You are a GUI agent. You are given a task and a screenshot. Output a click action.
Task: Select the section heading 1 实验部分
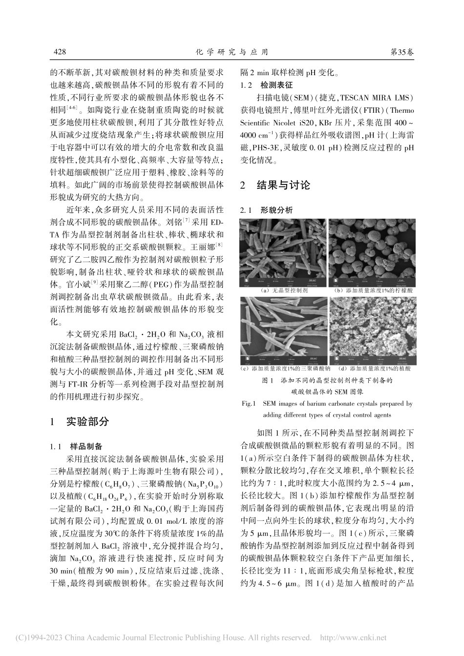[x=80, y=422]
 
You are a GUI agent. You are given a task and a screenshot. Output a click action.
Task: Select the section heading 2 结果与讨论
[x=276, y=185]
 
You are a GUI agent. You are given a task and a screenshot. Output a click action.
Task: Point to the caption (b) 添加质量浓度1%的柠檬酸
[x=373, y=290]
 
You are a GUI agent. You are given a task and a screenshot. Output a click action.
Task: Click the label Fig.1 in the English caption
[x=249, y=404]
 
